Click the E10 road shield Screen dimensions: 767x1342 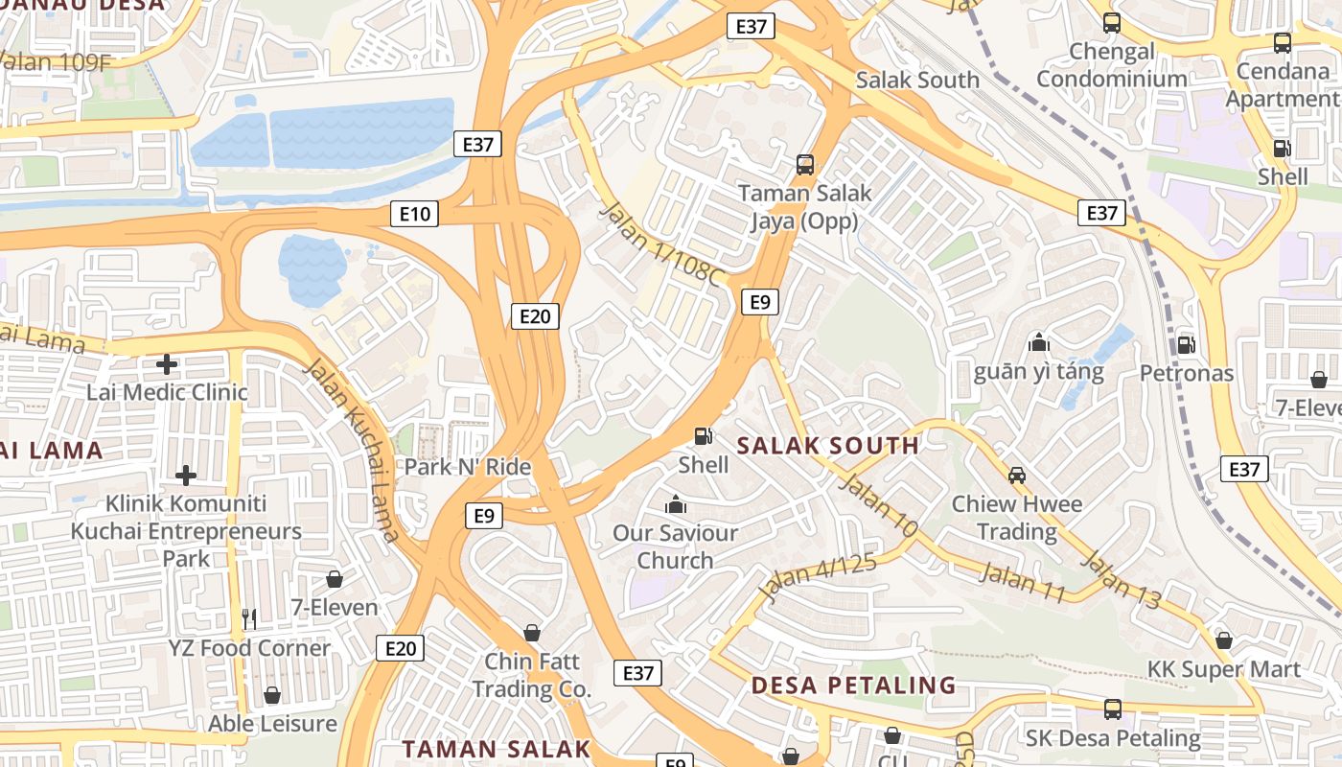(414, 213)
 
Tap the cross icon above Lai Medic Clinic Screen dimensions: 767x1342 (167, 364)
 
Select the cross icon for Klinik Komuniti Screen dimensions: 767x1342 (186, 476)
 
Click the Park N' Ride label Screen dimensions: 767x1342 (467, 467)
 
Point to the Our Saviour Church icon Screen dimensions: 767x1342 (675, 503)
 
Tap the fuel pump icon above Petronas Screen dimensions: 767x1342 (1186, 344)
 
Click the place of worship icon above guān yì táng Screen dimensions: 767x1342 (1038, 342)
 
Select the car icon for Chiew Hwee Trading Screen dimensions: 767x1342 (1016, 475)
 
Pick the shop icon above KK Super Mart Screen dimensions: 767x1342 (1223, 640)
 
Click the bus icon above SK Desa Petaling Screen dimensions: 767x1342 (1112, 709)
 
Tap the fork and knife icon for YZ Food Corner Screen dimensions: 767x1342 (249, 619)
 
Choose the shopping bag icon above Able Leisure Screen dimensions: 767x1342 (272, 695)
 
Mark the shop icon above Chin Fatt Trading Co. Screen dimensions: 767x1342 (531, 633)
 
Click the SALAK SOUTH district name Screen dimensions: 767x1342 (828, 445)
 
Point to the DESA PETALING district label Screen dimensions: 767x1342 (853, 685)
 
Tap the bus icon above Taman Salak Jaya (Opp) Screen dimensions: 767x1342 (805, 165)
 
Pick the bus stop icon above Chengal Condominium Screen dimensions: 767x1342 (1112, 23)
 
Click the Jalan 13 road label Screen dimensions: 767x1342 (1122, 580)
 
